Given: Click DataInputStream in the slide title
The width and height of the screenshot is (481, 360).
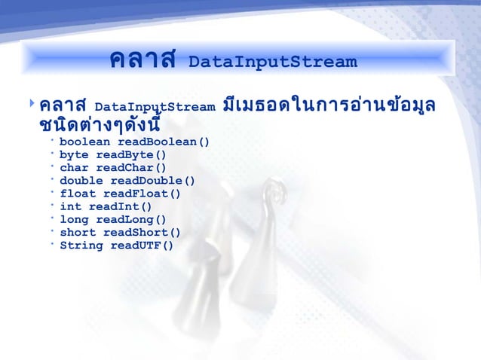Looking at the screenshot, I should [272, 62].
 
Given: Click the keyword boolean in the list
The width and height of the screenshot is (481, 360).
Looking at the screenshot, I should [85, 142].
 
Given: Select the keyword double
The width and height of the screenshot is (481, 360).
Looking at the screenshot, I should [81, 181].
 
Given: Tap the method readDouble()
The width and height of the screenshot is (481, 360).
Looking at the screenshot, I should [153, 181].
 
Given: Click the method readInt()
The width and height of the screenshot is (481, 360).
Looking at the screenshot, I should [121, 206].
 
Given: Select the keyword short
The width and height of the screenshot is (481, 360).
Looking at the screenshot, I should [78, 233].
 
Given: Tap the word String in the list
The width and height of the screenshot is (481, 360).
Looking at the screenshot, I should [81, 246].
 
